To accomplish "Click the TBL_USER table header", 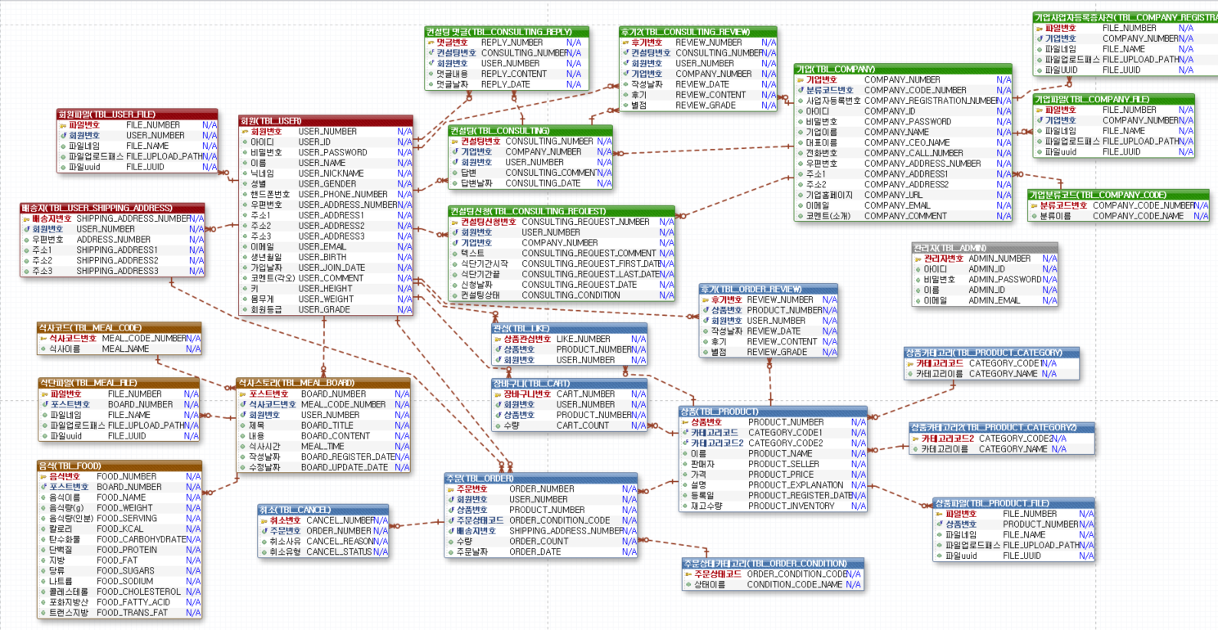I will pos(325,120).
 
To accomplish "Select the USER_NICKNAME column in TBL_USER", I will pos(331,173).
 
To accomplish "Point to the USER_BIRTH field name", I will pos(321,257).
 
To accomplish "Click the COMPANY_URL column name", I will pos(891,195).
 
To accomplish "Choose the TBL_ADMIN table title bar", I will pos(985,247).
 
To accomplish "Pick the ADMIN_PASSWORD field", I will pos(1004,279).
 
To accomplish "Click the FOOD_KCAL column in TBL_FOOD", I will pos(120,529).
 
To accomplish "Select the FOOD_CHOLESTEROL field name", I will pos(138,592).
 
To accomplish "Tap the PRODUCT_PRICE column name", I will pos(781,475).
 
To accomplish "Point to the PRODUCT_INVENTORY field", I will pos(791,506).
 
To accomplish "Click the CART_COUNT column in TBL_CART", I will pos(582,425).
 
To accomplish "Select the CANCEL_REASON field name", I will pos(341,541).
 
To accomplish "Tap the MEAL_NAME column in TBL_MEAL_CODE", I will pos(125,349).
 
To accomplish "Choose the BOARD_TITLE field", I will pos(327,425).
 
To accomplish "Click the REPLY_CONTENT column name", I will pos(513,74).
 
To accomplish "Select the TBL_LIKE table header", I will pos(568,328).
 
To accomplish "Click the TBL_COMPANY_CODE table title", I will pos(1118,194).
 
